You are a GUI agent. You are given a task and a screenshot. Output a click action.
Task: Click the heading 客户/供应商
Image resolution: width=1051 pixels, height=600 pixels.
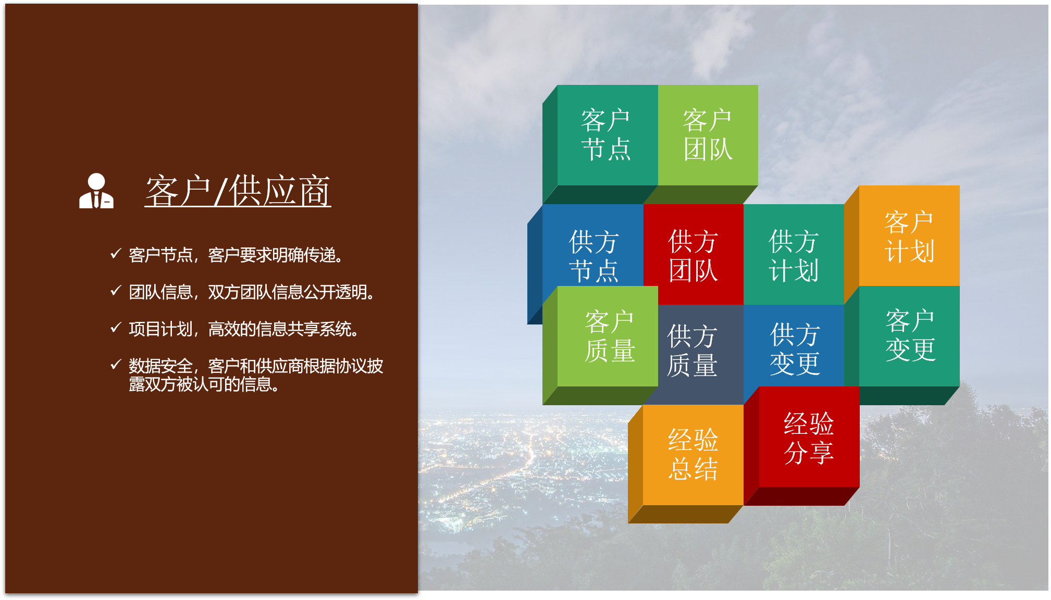coord(238,191)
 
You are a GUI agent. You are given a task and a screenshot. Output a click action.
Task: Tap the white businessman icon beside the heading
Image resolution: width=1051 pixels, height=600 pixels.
coord(96,191)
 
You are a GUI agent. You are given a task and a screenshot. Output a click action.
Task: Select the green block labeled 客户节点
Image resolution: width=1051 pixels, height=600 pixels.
coord(607,135)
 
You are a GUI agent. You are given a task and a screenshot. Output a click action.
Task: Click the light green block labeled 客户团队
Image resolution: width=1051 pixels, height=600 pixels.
coord(708,135)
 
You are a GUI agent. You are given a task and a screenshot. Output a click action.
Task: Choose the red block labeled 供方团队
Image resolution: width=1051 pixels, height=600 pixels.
coord(694,254)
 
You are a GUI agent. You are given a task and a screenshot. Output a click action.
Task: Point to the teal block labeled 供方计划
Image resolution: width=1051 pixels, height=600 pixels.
coord(794,254)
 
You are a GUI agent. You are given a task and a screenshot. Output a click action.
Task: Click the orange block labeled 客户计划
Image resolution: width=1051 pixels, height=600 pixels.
coord(909,236)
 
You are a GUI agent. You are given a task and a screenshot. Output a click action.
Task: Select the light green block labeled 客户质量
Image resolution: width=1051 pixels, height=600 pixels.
coord(608,336)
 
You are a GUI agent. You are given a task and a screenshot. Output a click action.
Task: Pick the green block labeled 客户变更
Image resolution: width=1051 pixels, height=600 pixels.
coord(909,336)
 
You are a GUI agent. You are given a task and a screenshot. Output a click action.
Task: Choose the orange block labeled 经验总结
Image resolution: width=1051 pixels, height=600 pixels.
coord(693,455)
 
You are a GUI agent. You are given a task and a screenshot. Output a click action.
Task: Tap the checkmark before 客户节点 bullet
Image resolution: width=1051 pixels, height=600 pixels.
coord(116,254)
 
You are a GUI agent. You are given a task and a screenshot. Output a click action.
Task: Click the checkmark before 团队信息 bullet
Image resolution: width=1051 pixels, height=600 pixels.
coord(116,291)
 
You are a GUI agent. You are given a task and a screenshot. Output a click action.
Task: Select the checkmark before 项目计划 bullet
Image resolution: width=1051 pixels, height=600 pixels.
coord(116,328)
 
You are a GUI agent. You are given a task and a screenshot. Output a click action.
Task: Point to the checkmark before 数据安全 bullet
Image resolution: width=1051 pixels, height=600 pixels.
coord(116,364)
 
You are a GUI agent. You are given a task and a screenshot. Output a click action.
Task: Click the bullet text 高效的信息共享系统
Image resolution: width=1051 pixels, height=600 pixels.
coord(283,329)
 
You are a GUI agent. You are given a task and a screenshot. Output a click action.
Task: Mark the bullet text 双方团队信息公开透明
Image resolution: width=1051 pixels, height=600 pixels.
coord(291,292)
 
